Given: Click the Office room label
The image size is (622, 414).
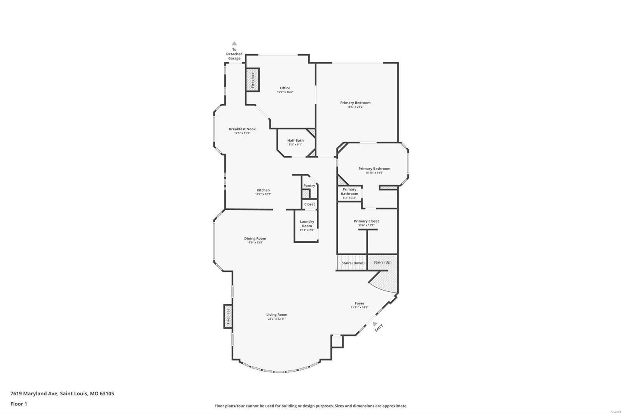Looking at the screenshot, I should (x=285, y=88).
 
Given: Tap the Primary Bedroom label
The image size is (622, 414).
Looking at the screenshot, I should (x=355, y=103).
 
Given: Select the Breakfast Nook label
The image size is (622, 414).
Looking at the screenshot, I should (x=242, y=129).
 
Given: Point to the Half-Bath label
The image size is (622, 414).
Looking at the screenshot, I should (x=295, y=141).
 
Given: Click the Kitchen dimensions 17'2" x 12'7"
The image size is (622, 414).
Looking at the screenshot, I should (x=263, y=194).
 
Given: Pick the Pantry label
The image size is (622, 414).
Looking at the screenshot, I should (x=309, y=186).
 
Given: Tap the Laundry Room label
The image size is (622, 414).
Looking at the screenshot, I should (x=307, y=224).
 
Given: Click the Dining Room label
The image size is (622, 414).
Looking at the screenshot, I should (x=255, y=238).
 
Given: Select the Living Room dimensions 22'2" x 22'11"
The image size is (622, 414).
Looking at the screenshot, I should (x=277, y=319).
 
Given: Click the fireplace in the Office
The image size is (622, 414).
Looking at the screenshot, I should (x=252, y=80).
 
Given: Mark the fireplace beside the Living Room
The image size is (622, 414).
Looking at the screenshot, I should (x=228, y=316).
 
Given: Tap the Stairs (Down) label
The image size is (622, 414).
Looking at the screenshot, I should (x=353, y=263).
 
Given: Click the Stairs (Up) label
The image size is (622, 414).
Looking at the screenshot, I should (x=383, y=262).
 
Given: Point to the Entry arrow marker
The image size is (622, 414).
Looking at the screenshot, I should (x=375, y=324).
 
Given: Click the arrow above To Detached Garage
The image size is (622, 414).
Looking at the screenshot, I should (x=234, y=43).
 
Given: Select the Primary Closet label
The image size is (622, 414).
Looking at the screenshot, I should (x=366, y=221).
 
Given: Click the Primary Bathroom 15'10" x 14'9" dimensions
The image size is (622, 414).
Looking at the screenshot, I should (x=374, y=173).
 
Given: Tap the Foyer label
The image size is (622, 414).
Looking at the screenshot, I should (x=360, y=303).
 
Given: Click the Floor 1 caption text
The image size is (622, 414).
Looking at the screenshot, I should (x=19, y=404).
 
